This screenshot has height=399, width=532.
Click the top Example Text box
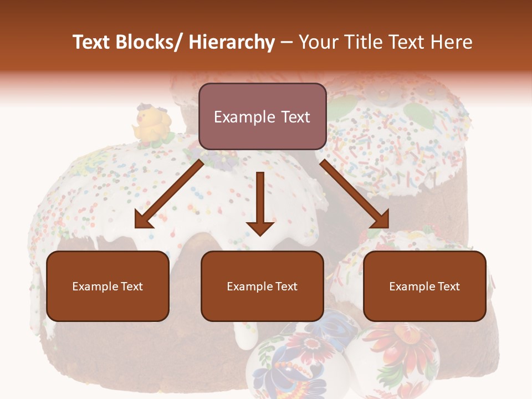pyautogui.click(x=262, y=116)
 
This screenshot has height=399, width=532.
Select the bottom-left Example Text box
pyautogui.click(x=108, y=286)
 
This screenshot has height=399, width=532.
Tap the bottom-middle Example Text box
pyautogui.click(x=262, y=286)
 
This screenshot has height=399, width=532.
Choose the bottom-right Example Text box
pyautogui.click(x=424, y=286)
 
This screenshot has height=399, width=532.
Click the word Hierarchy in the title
pyautogui.click(x=231, y=42)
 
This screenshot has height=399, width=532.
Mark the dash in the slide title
pyautogui.click(x=287, y=42)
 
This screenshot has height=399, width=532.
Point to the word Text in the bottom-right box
pyautogui.click(x=448, y=287)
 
